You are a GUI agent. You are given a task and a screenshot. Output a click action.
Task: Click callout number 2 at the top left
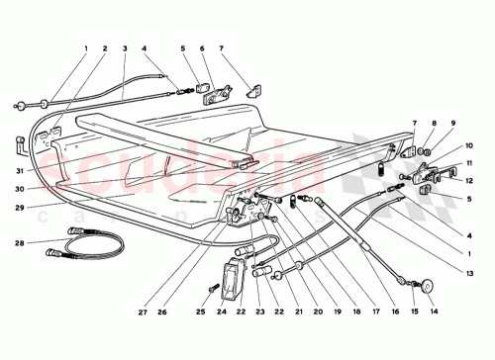[105, 47]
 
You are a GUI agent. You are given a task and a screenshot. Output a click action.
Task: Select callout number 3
[125, 47]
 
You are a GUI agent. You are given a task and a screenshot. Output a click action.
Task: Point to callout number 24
[221, 313]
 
